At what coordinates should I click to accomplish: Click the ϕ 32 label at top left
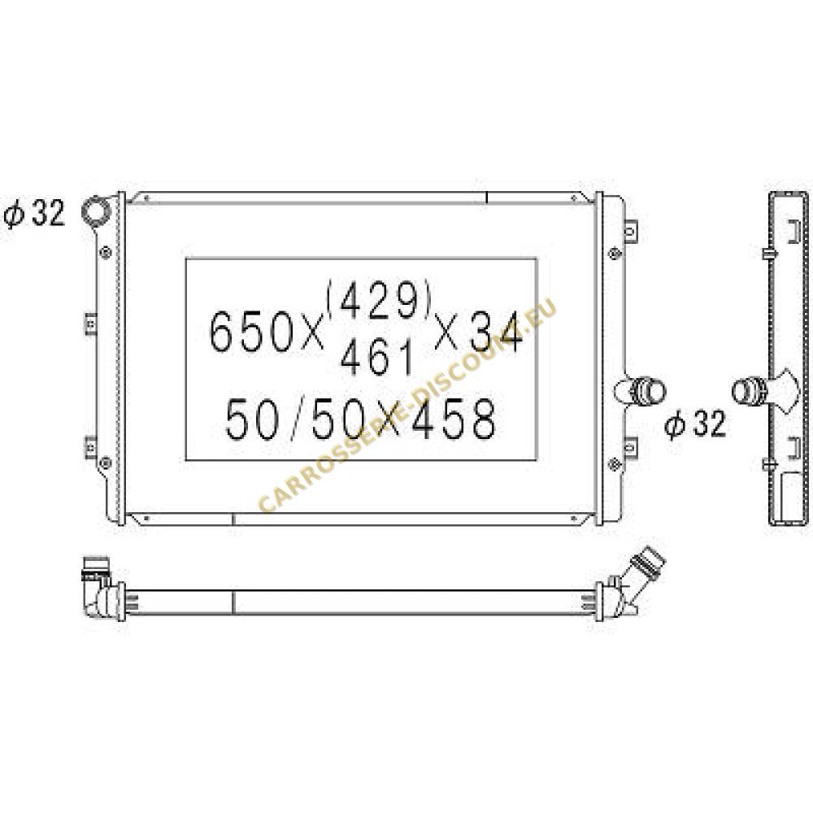[34, 212]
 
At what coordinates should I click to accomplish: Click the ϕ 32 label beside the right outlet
[696, 424]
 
